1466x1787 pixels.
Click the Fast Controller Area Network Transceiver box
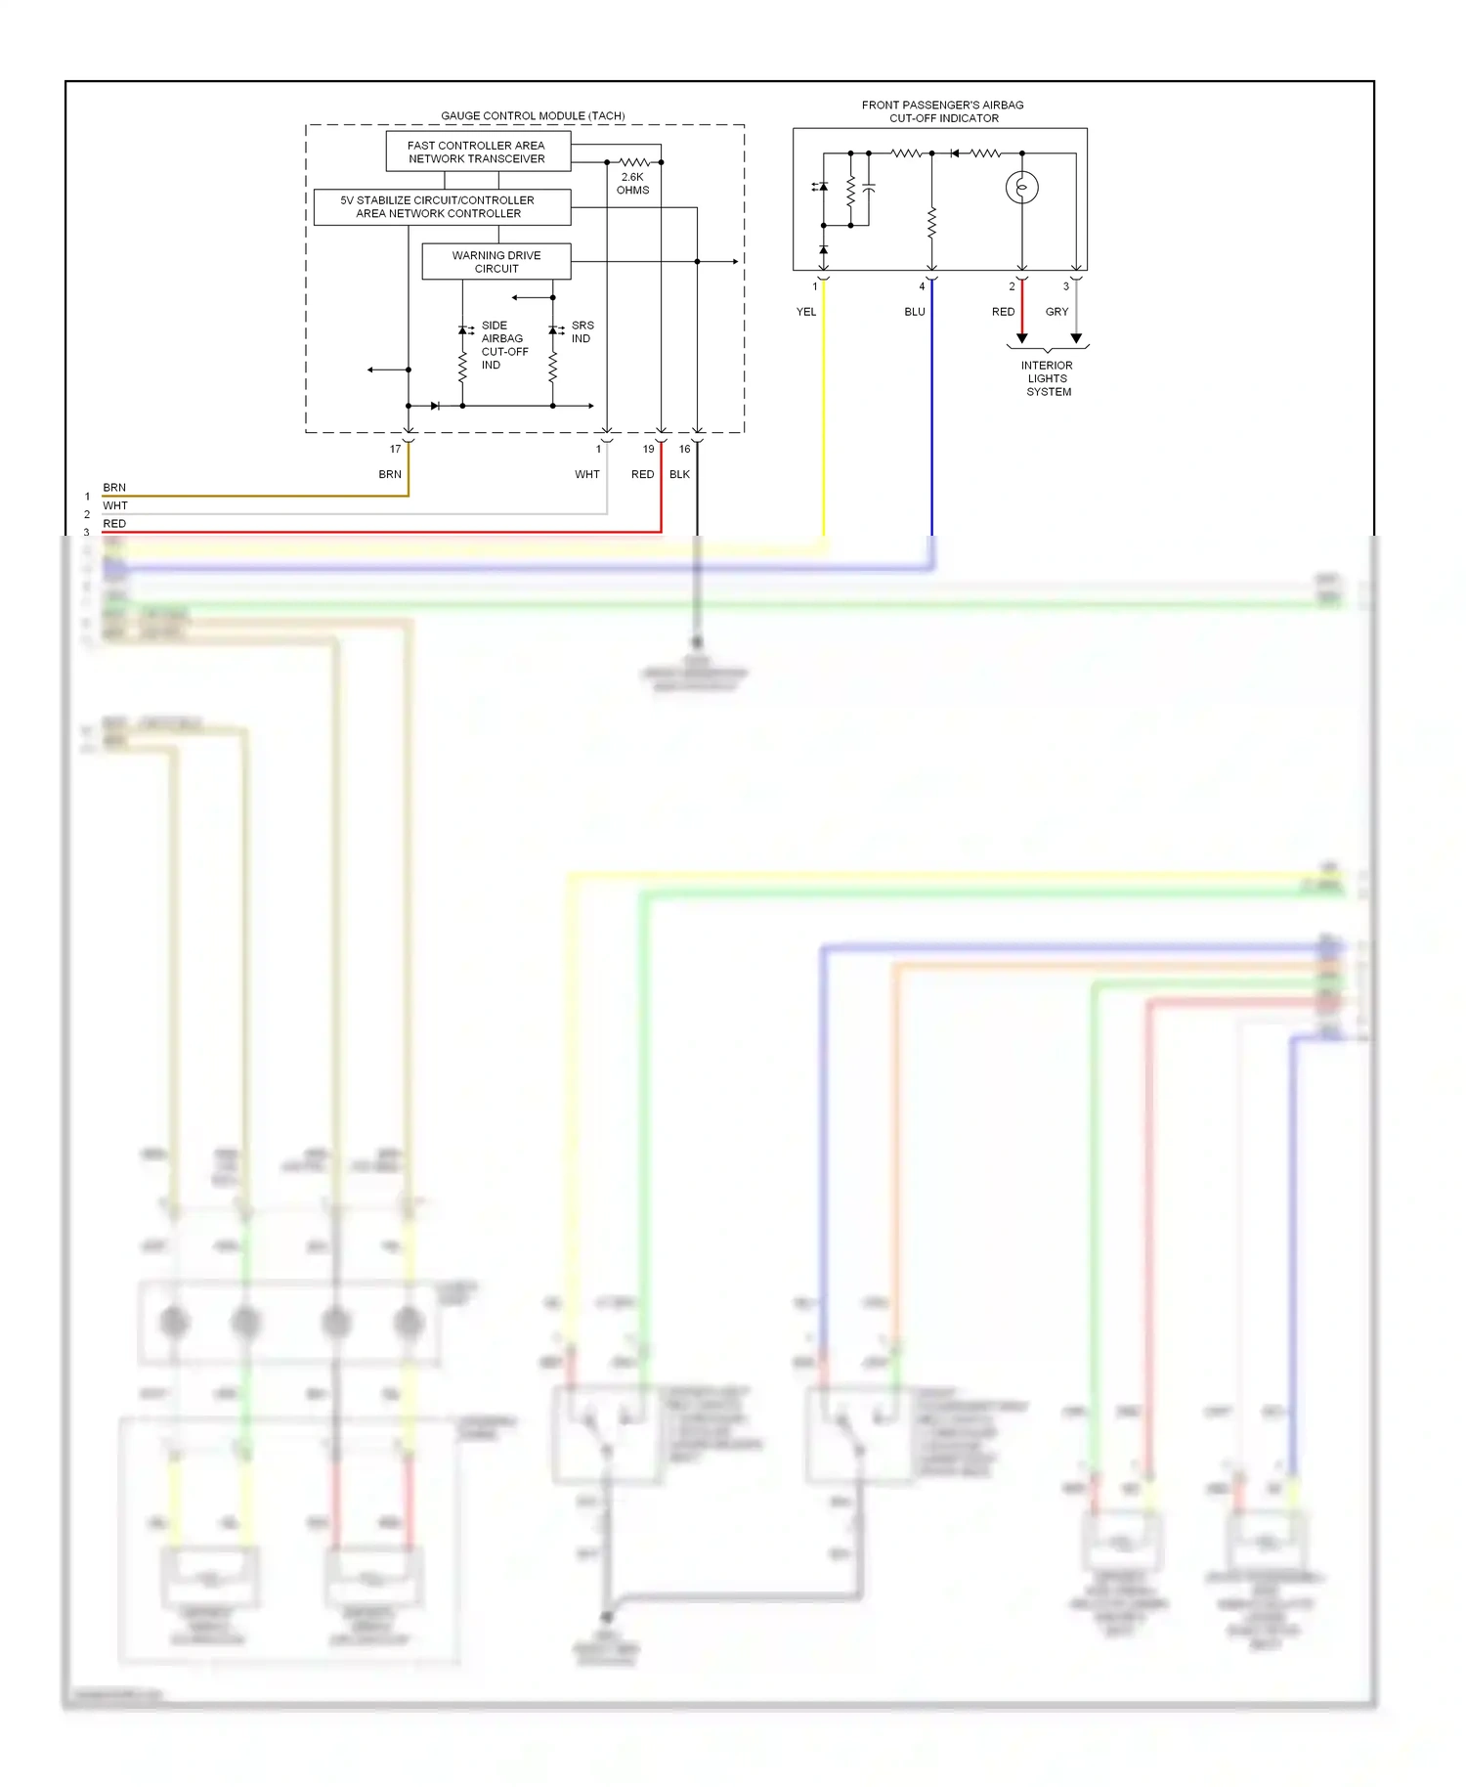(478, 152)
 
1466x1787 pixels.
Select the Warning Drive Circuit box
(496, 262)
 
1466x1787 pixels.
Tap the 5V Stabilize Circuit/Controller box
(442, 207)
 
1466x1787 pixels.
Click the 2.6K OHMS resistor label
(632, 184)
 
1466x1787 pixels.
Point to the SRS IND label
(582, 331)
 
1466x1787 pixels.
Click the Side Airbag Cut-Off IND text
(503, 345)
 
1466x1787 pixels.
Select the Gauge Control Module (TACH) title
(533, 115)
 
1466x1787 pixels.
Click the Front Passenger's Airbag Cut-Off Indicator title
(943, 111)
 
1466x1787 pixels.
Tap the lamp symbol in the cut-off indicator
(1022, 187)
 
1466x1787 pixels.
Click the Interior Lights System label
(1048, 378)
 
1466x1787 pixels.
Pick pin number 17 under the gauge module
(395, 450)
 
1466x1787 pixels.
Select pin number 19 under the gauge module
(648, 450)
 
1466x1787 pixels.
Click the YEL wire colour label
(805, 312)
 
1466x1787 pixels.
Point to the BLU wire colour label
(914, 312)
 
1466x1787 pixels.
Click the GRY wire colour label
(1056, 312)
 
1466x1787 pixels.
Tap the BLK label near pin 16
(679, 474)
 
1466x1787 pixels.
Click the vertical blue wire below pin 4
(931, 420)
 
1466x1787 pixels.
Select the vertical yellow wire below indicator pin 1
(824, 420)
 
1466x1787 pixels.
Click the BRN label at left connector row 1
(114, 487)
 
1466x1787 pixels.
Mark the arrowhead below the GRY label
(1076, 338)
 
